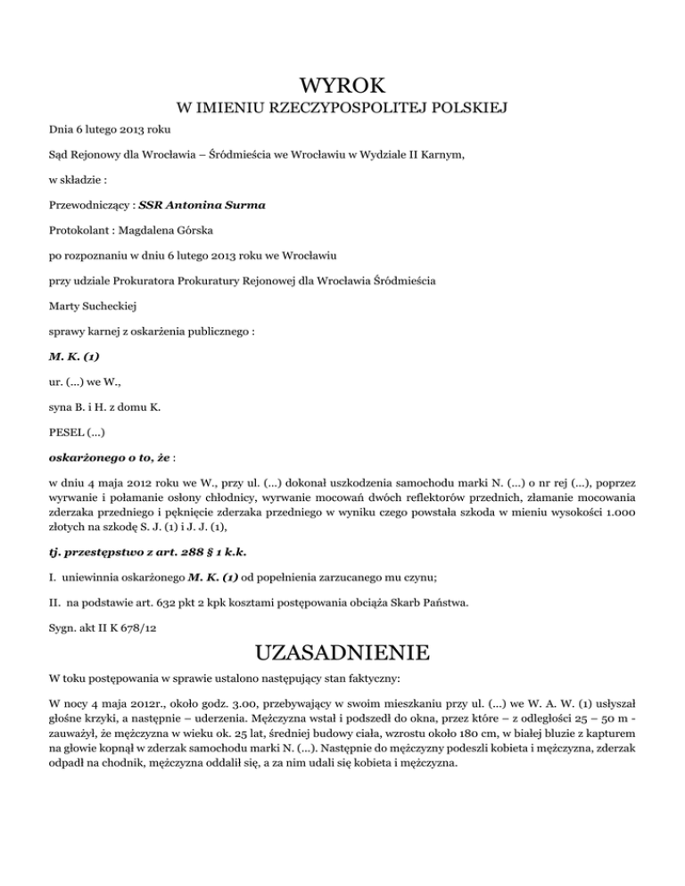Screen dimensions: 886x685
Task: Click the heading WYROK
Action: click(x=342, y=86)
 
